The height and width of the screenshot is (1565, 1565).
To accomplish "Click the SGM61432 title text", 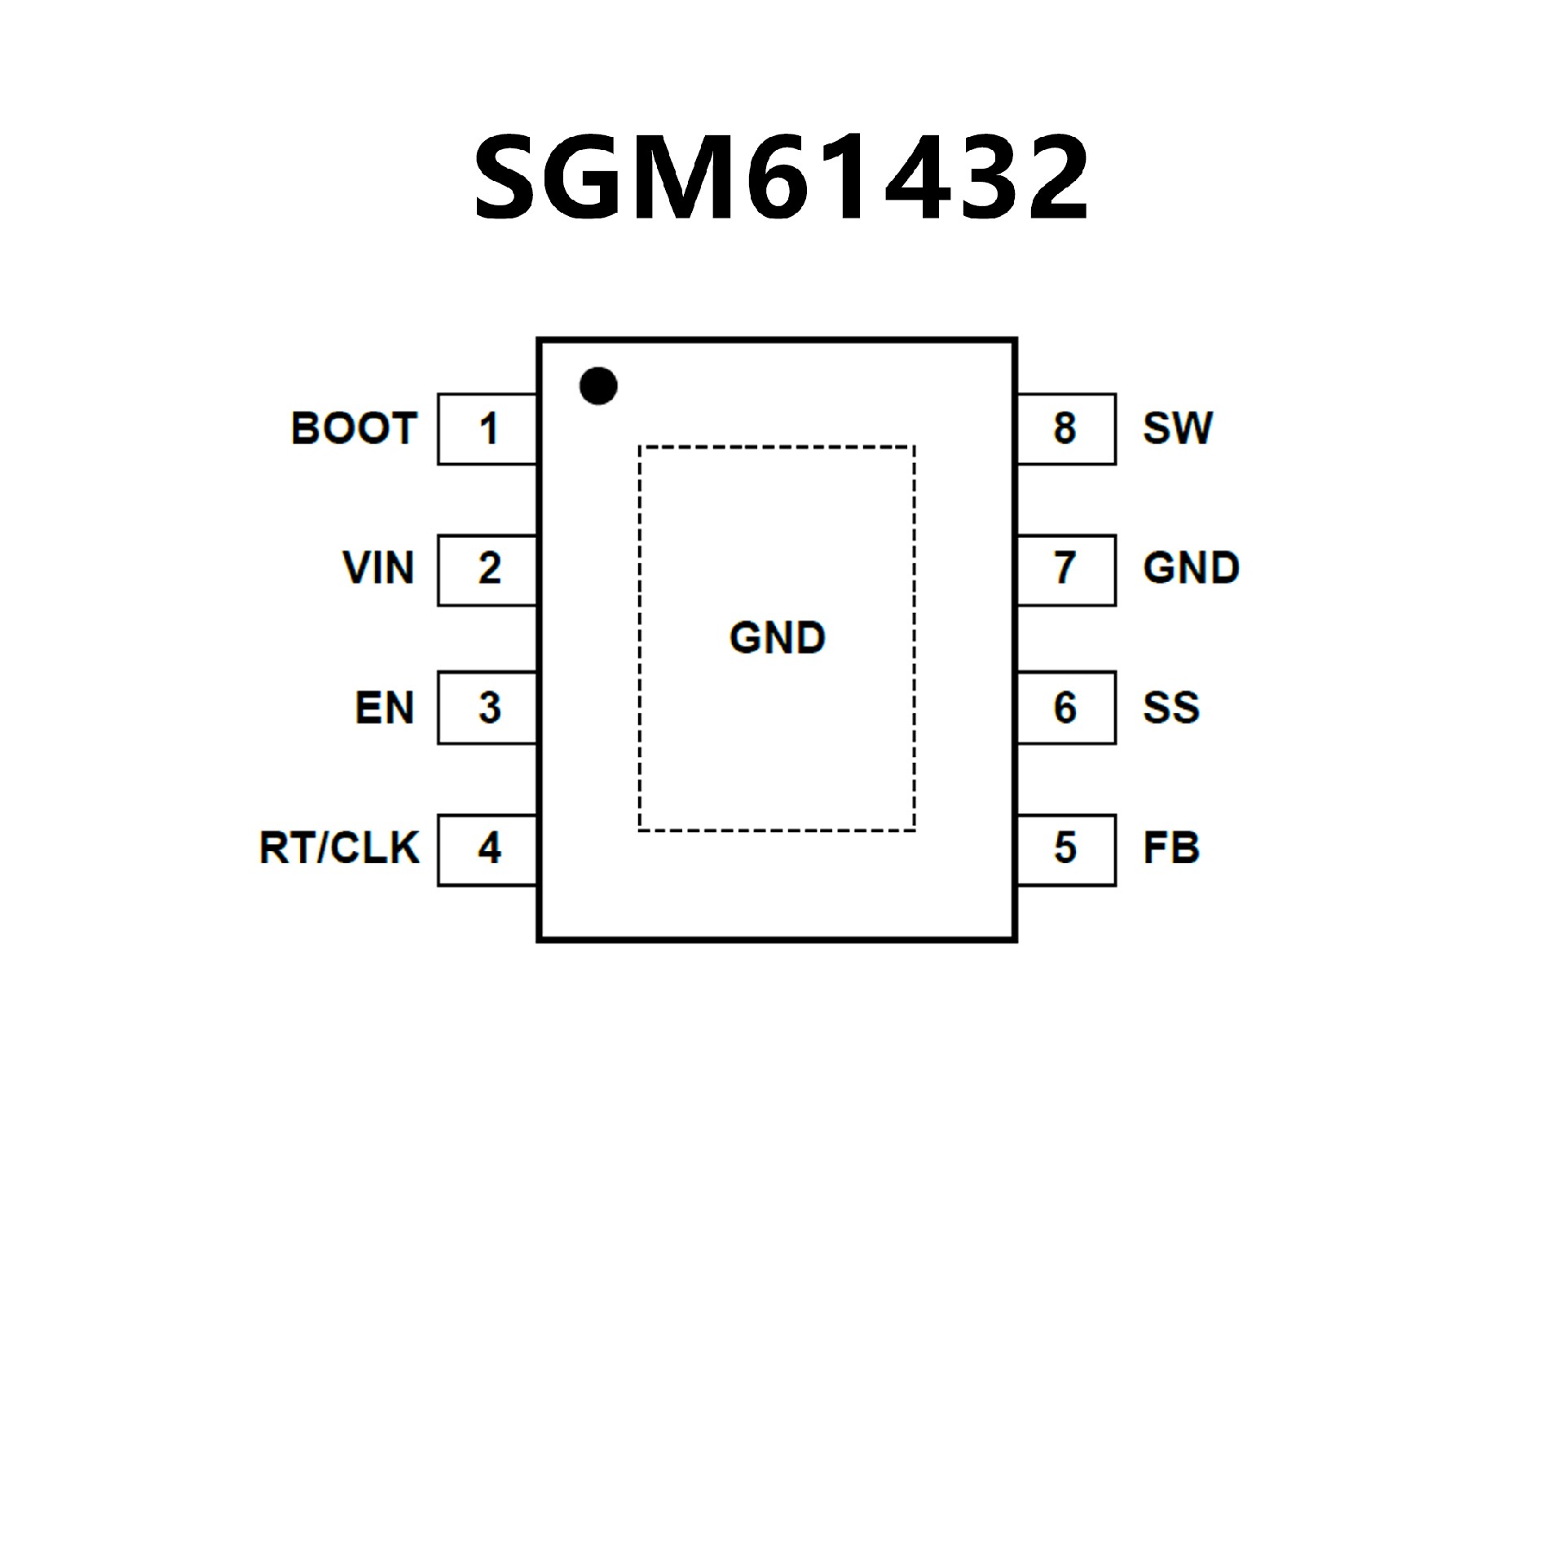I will click(781, 178).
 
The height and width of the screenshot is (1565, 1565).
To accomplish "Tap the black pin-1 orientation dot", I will click(598, 386).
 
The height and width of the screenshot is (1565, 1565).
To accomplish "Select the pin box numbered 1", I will click(487, 429).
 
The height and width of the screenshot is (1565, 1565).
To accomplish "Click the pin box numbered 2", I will click(487, 570).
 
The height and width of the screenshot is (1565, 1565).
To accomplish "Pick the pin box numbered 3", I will click(487, 708).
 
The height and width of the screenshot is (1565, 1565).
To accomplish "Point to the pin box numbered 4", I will click(487, 849).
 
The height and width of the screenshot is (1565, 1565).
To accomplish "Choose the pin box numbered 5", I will click(1066, 849).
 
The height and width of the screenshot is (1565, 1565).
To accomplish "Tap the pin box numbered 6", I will click(1066, 708).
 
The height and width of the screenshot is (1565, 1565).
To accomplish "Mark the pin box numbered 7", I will click(1066, 570).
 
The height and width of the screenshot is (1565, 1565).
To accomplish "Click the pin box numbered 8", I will click(1066, 429).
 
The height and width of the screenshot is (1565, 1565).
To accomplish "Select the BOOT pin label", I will click(354, 429).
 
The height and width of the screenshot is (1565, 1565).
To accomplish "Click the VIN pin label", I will click(378, 568).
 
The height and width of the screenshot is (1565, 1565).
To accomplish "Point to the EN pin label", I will click(384, 708).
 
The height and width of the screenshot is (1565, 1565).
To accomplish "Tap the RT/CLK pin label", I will click(339, 848).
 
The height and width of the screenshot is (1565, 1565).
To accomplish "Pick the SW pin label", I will click(1178, 429).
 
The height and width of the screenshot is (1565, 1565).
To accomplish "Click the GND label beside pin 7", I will click(1191, 568).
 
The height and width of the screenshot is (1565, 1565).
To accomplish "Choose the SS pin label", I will click(1171, 708).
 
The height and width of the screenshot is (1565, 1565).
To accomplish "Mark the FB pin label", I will click(1171, 848).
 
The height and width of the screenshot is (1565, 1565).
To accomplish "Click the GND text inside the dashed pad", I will click(777, 638).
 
